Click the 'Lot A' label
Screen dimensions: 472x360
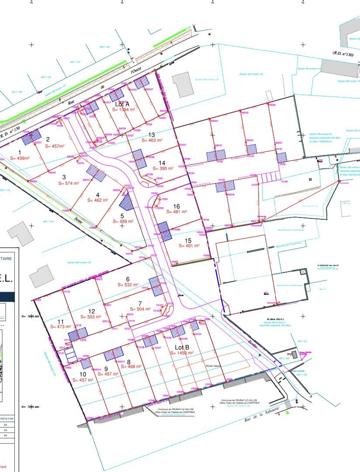click(122, 104)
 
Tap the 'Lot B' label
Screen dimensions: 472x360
click(182, 347)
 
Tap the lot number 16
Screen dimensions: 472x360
click(177, 206)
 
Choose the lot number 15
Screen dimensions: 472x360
click(188, 240)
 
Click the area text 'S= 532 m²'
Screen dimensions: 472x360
click(128, 285)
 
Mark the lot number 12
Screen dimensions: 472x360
click(91, 311)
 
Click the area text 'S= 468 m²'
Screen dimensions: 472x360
click(131, 367)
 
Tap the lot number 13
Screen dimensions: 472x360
click(152, 134)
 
